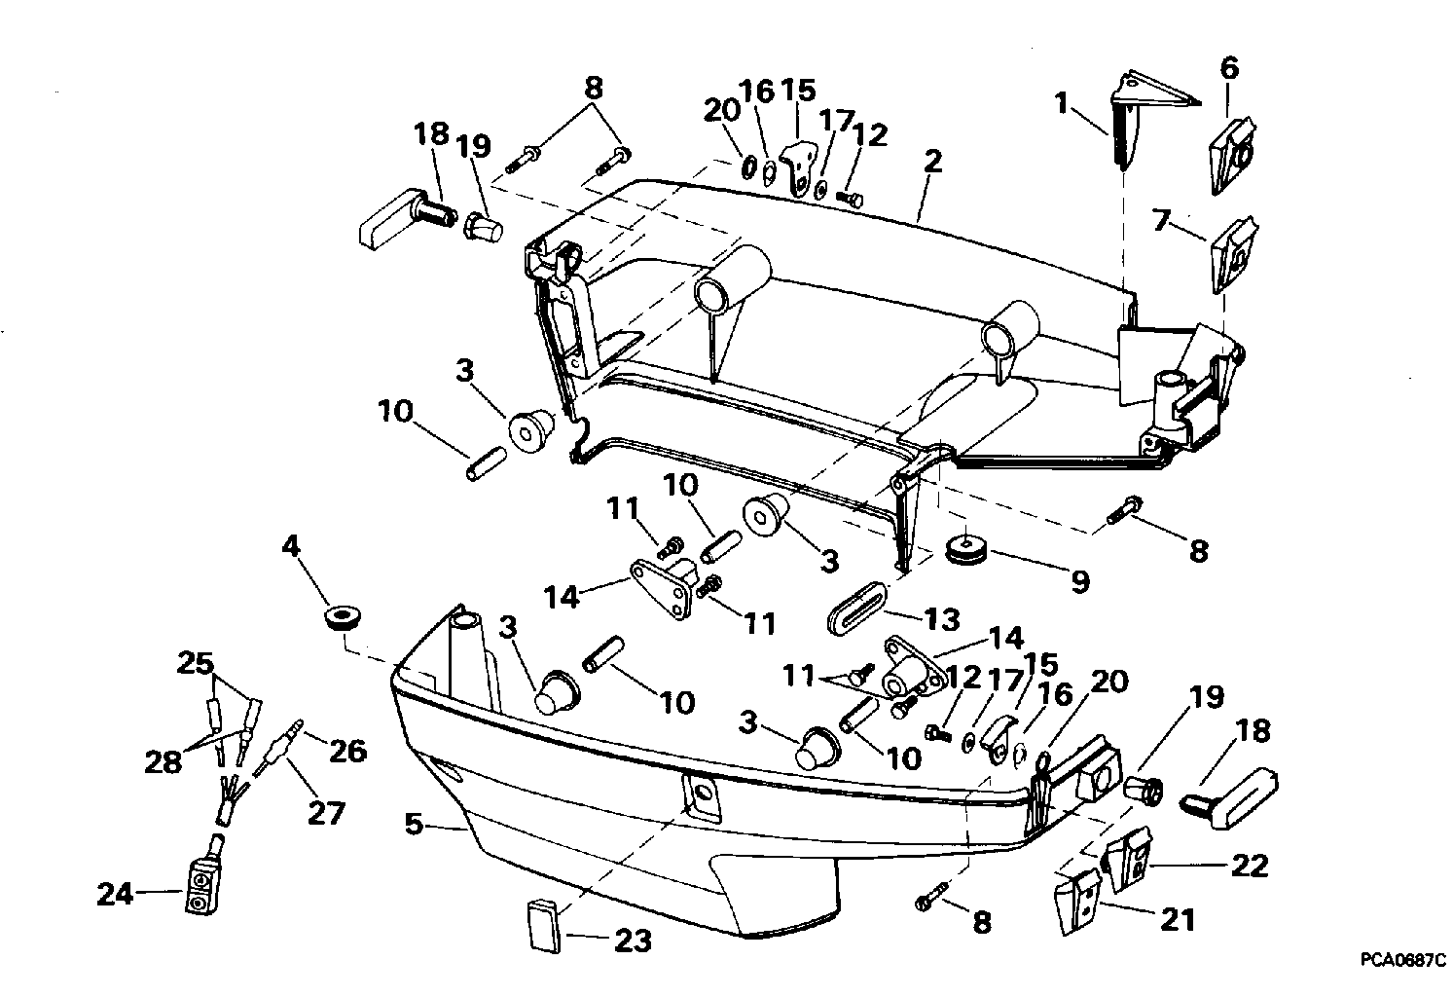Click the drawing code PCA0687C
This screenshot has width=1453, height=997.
point(1403,959)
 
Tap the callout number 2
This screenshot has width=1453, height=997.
point(932,161)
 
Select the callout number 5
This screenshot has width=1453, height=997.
point(414,825)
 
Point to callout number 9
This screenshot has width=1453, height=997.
point(1079,581)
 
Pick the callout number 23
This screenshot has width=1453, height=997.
point(633,941)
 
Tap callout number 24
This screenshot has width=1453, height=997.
point(116,895)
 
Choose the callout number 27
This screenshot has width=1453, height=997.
point(326,813)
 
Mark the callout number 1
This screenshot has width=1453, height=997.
point(1061,102)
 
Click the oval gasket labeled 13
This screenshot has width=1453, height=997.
point(856,609)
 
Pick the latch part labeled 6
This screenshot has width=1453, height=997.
point(1232,156)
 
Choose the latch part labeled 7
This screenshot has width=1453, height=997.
point(1233,254)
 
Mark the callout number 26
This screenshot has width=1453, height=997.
point(348,752)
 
